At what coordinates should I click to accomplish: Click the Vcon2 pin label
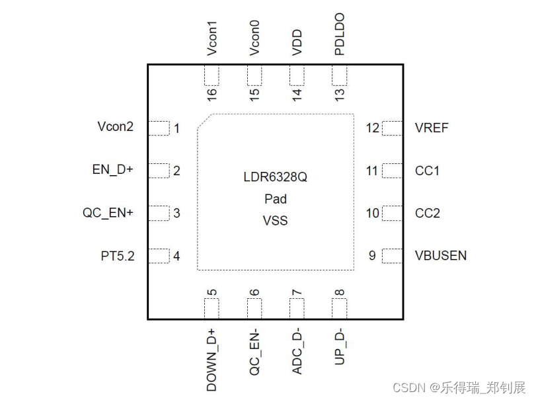point(115,127)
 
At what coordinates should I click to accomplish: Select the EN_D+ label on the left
point(113,170)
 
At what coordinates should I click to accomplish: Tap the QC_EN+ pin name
point(108,213)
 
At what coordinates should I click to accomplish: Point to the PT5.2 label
point(118,256)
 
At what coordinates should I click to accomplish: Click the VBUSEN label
point(441,255)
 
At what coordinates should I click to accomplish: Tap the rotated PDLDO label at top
point(340,34)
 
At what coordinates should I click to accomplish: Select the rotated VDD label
point(297,42)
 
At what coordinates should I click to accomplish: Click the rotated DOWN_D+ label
point(212,359)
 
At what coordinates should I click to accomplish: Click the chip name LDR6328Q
point(275,178)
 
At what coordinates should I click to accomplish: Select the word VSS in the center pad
point(275,221)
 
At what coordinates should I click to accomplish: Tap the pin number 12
point(373,128)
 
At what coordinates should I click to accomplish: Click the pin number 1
point(176,128)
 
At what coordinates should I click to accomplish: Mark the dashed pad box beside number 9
point(392,255)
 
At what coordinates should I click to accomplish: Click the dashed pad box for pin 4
point(159,256)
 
